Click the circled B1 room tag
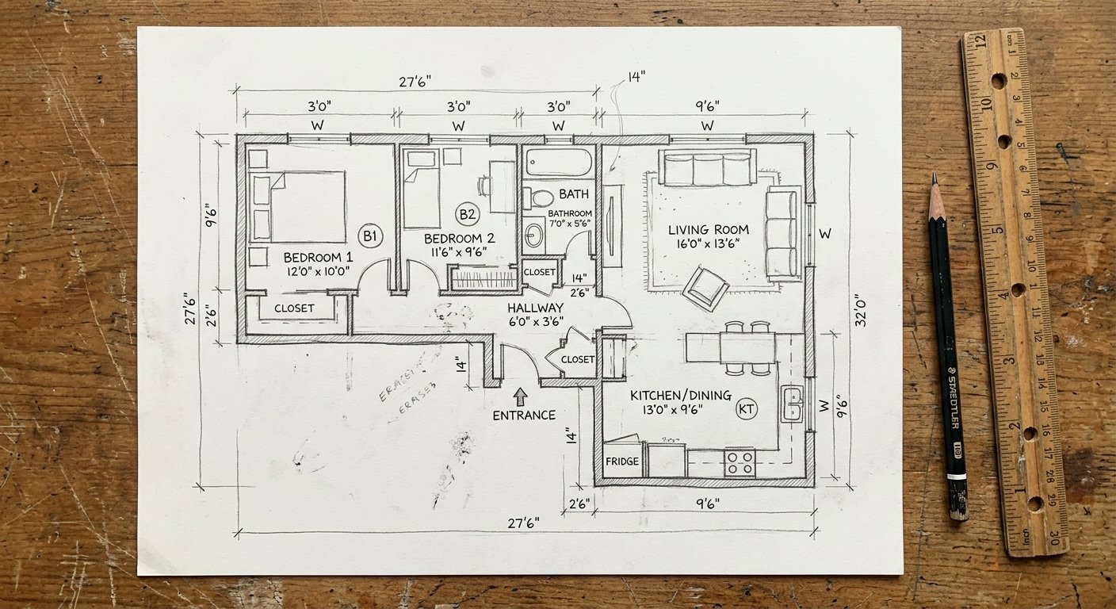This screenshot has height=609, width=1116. (x=370, y=236)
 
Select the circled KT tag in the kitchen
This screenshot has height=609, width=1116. (x=746, y=409)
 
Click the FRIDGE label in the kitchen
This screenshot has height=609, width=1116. (x=622, y=462)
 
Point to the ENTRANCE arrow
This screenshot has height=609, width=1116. (x=520, y=396)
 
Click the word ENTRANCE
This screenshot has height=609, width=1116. (x=524, y=416)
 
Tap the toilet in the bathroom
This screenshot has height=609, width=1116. (x=543, y=197)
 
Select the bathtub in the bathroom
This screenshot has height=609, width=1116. (x=559, y=163)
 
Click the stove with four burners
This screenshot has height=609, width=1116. (x=740, y=462)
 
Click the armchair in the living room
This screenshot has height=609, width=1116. (x=705, y=287)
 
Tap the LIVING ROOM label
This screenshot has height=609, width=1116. (x=708, y=230)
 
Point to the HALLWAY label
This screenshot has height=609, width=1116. (x=535, y=308)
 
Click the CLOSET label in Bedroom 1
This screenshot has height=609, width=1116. (x=294, y=308)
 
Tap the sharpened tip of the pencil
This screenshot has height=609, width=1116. (x=934, y=178)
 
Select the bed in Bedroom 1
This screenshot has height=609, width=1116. (x=298, y=206)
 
